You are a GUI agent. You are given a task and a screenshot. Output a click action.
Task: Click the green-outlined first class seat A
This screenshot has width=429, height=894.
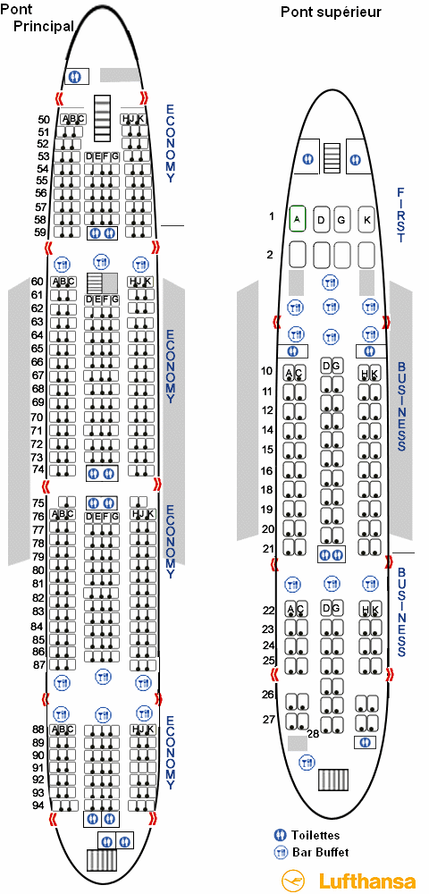(x=298, y=218)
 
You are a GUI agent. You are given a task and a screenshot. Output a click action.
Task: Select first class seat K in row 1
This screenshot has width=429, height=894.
(x=367, y=218)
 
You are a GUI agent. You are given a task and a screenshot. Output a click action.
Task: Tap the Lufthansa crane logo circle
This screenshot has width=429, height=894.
(x=296, y=880)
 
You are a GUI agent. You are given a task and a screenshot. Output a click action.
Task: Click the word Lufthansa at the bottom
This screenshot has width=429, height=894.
(x=367, y=881)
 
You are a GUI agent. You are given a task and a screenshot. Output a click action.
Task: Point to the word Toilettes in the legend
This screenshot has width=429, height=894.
(x=315, y=835)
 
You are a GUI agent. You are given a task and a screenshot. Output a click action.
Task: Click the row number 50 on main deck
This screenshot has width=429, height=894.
(x=44, y=120)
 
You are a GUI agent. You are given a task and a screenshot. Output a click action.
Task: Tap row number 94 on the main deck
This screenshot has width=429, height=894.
(x=38, y=805)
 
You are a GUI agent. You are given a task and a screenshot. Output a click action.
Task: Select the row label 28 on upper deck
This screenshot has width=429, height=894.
(x=313, y=733)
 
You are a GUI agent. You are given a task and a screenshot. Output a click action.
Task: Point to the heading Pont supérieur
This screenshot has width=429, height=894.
(x=331, y=12)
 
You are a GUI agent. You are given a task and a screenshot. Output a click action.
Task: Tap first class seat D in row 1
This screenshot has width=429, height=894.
(x=322, y=219)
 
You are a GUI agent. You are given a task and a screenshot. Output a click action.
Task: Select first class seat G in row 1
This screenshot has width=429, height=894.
(x=341, y=219)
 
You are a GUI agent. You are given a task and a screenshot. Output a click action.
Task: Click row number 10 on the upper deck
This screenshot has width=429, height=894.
(x=267, y=372)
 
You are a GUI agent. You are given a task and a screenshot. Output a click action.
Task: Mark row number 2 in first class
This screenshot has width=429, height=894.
(x=271, y=254)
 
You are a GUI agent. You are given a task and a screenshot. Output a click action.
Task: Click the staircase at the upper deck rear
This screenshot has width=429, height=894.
(x=332, y=780)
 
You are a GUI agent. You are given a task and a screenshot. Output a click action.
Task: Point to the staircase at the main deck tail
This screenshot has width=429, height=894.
(x=102, y=860)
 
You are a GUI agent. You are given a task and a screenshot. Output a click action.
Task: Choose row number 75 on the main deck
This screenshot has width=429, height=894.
(x=38, y=502)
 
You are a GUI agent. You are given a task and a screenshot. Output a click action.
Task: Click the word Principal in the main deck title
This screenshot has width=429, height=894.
(x=44, y=26)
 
